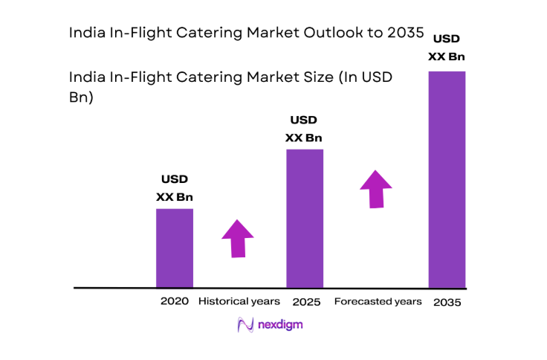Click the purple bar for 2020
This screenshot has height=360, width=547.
tap(175, 248)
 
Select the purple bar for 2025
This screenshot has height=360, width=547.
tap(305, 218)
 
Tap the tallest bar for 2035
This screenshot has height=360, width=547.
tap(447, 179)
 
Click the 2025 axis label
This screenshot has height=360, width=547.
tap(305, 302)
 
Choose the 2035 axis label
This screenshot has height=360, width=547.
tap(447, 303)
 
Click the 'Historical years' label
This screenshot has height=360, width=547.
tap(239, 301)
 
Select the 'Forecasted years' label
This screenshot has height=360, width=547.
tap(378, 301)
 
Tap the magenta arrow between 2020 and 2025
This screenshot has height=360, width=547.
tap(238, 238)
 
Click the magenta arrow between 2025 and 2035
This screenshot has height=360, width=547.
tap(377, 189)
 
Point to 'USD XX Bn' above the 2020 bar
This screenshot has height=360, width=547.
tap(175, 188)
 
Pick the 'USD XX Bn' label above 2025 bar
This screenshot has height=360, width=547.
tap(304, 129)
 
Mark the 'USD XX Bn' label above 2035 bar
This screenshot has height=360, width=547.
tap(447, 47)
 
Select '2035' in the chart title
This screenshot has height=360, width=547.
tap(401, 33)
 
